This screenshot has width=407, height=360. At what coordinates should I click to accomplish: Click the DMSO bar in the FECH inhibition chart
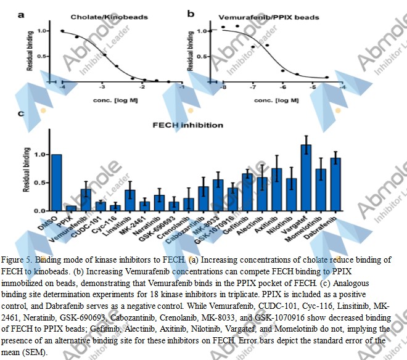pos(56,183)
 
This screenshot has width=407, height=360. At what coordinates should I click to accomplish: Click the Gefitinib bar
pos(247,192)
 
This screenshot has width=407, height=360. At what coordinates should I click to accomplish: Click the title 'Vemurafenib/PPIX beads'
pos(269,17)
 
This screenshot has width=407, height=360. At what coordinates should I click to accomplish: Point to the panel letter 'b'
pos(191,13)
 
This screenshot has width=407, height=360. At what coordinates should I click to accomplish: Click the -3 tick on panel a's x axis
pos(102,88)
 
